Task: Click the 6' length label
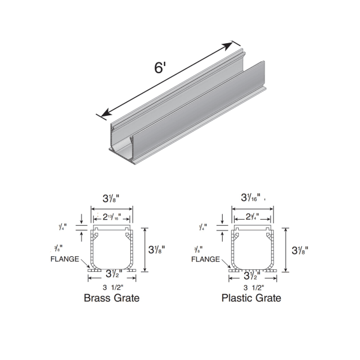[160, 67]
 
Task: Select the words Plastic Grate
[251, 298]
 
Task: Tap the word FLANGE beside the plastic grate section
[204, 260]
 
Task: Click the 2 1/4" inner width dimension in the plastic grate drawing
[251, 216]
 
